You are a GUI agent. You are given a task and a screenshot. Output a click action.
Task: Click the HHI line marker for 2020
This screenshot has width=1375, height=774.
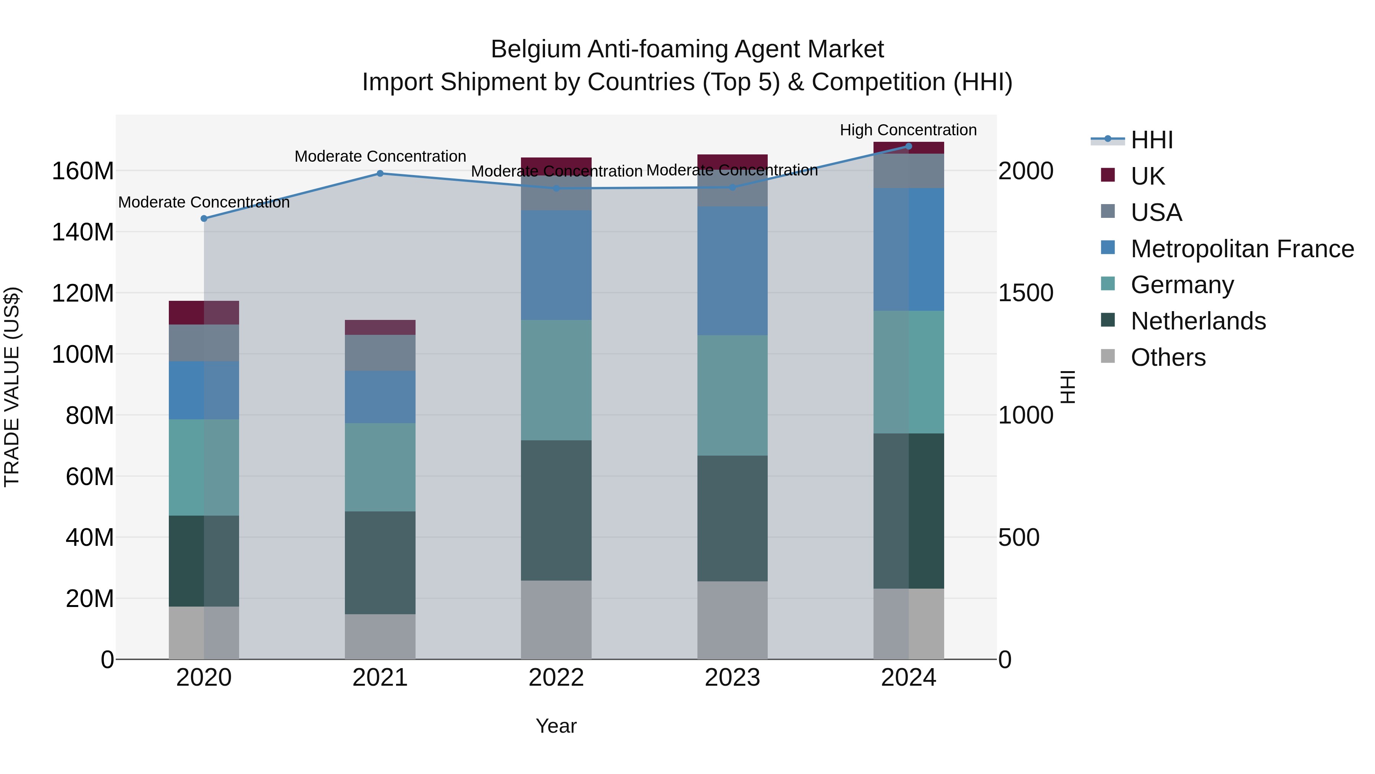pos(204,219)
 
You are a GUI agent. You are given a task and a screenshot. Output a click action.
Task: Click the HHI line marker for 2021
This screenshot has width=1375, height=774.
pos(380,174)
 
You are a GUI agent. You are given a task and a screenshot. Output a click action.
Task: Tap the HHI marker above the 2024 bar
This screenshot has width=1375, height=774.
pos(909,146)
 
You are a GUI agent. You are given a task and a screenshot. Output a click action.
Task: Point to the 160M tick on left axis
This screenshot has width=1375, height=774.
pos(83,172)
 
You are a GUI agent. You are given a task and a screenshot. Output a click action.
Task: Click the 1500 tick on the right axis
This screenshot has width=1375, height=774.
pos(1026,293)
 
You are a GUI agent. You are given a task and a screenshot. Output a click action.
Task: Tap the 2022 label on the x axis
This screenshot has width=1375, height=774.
pos(556,678)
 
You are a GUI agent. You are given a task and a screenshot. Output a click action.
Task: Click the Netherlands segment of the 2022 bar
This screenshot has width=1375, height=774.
pos(556,510)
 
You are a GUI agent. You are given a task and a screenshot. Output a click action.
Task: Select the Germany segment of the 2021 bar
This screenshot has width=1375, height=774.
pos(380,467)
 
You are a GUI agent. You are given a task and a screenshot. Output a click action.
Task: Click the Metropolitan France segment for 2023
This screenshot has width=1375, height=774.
pos(732,271)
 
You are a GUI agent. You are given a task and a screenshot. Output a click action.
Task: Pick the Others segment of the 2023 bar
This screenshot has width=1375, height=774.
pos(732,620)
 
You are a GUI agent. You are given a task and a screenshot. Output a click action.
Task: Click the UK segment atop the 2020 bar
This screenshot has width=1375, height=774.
pos(204,313)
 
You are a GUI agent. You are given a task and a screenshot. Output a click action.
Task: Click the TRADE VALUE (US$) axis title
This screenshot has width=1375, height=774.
pos(12,387)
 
